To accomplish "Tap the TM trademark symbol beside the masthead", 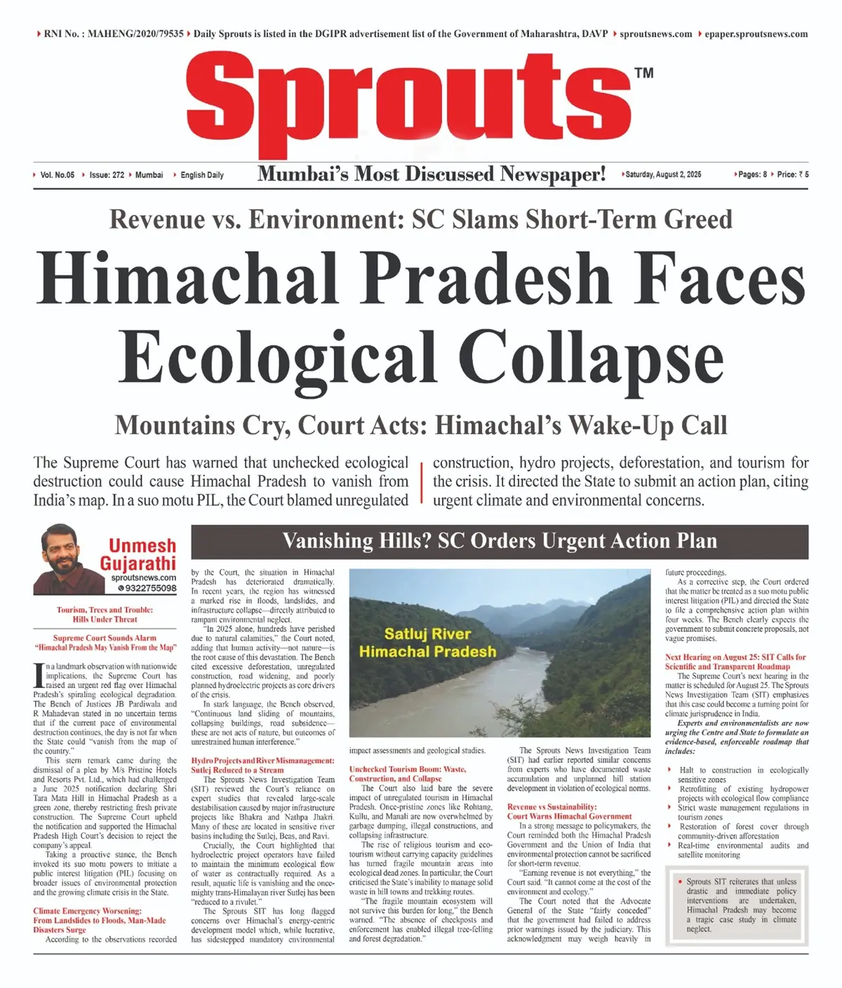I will [643, 73].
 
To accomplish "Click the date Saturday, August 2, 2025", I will [662, 175].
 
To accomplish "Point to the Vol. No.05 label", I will [57, 175].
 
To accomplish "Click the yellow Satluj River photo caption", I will [427, 643].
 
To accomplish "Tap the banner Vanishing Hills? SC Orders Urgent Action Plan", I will [500, 541].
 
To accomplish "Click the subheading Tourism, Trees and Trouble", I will [105, 614].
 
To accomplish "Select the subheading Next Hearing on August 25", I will [735, 661].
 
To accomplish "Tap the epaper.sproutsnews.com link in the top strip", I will [756, 34].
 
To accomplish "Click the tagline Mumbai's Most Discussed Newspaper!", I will [432, 174].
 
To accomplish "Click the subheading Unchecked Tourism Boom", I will [407, 774].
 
